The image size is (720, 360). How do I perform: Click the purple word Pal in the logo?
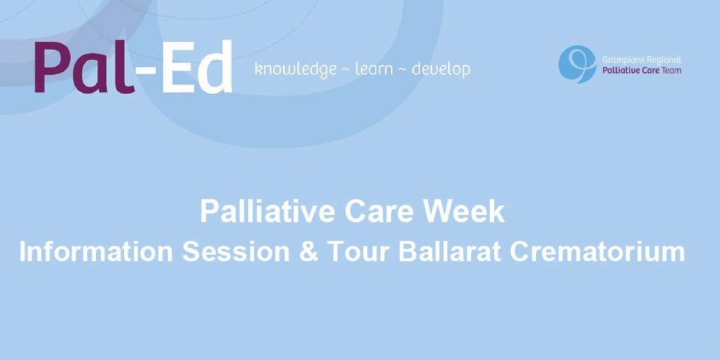pos(84,66)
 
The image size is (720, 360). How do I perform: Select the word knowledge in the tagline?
pos(296,69)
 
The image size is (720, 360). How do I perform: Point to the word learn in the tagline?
pos(374,69)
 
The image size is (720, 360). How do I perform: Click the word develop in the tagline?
pos(441,69)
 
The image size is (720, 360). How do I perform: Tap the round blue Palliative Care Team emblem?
pos(577,64)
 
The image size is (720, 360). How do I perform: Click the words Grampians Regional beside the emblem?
pos(641,60)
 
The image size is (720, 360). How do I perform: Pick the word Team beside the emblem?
pos(672,71)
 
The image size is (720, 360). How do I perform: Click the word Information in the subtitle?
pos(96,252)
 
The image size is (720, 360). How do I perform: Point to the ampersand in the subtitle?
pos(309,252)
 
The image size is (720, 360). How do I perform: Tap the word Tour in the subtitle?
pos(359,252)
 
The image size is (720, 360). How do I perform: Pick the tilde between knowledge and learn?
pos(346,70)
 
